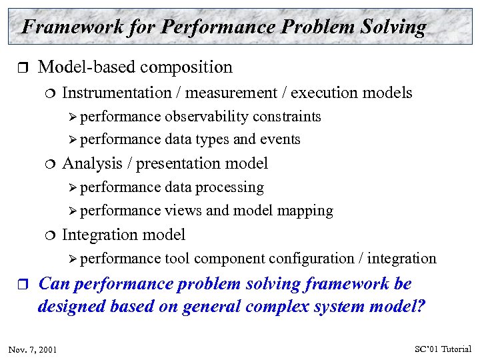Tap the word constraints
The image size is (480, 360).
(x=287, y=117)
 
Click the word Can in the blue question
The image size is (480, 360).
(x=55, y=284)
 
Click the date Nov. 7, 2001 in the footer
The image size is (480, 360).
(x=33, y=349)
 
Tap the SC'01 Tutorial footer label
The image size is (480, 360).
(x=442, y=349)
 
